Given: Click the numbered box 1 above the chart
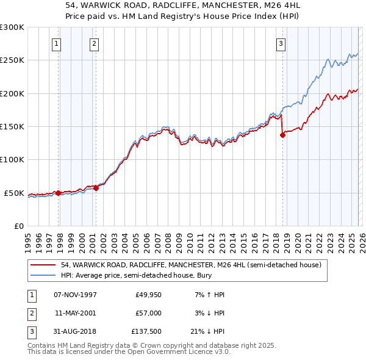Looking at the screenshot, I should click(x=56, y=43).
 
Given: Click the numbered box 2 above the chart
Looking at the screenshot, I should click(x=95, y=43).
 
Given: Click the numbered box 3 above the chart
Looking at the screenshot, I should click(x=281, y=43).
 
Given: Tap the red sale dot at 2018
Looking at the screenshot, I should click(x=282, y=135).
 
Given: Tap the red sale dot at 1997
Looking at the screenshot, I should click(x=59, y=193).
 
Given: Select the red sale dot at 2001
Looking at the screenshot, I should click(x=96, y=188).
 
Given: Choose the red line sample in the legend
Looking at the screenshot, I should click(x=43, y=265).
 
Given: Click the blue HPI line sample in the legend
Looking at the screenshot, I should click(x=43, y=276).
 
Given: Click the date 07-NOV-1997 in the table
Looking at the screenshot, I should click(x=75, y=295).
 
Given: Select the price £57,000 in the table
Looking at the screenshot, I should click(x=148, y=312).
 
